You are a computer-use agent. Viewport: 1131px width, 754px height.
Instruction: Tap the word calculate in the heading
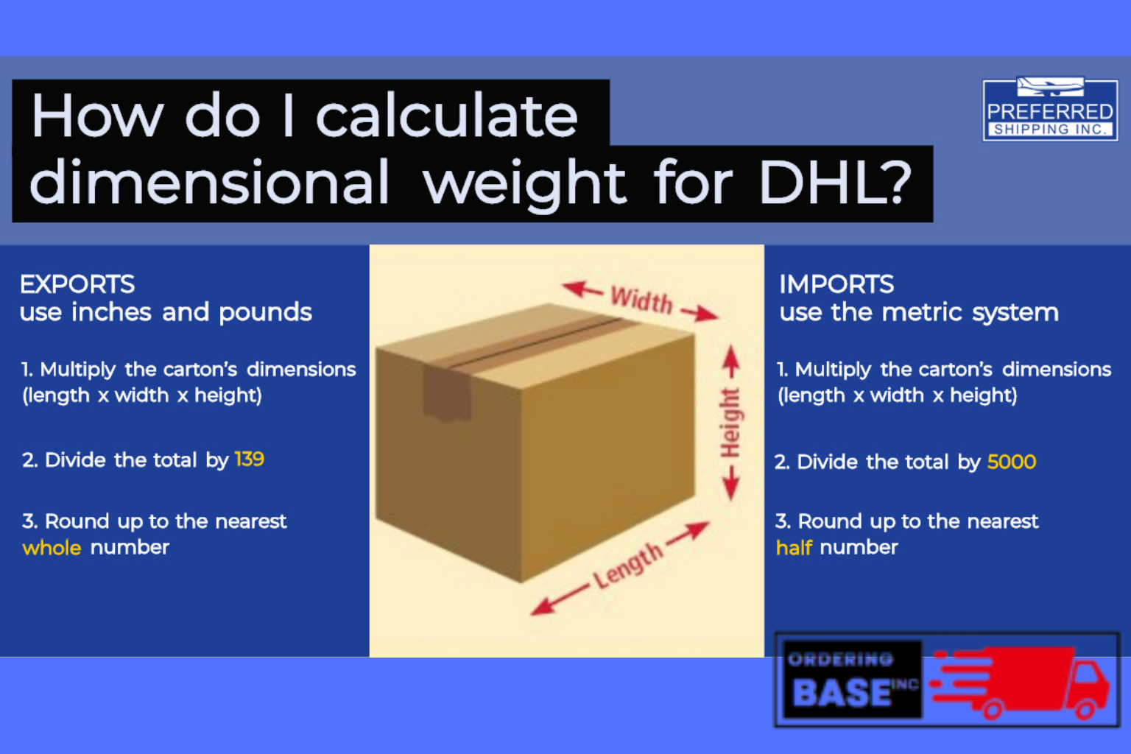click(446, 116)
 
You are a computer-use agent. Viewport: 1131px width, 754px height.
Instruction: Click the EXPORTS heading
click(77, 284)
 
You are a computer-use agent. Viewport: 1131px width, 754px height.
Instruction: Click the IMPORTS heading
click(836, 284)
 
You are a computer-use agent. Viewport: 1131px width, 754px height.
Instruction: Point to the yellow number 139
click(250, 459)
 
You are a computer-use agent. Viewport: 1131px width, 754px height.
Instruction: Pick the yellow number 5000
click(1012, 462)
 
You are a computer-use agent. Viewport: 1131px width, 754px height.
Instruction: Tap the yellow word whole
click(52, 548)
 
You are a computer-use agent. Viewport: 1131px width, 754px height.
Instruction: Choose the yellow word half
click(794, 548)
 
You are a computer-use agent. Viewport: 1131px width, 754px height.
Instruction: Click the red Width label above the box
click(641, 300)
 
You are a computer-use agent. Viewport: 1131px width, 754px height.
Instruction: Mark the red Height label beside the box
click(730, 423)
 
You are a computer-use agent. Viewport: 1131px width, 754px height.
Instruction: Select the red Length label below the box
click(628, 566)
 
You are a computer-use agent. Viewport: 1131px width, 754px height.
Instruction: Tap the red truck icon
click(1023, 682)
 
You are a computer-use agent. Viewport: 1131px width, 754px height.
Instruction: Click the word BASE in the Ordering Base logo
click(842, 693)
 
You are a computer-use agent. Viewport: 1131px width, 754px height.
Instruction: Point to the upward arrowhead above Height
click(730, 357)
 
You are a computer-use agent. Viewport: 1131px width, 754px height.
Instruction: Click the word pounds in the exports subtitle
click(265, 313)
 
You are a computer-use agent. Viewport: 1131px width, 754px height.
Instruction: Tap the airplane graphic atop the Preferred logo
click(1050, 87)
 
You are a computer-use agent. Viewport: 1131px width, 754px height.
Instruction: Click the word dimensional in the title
click(210, 183)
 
